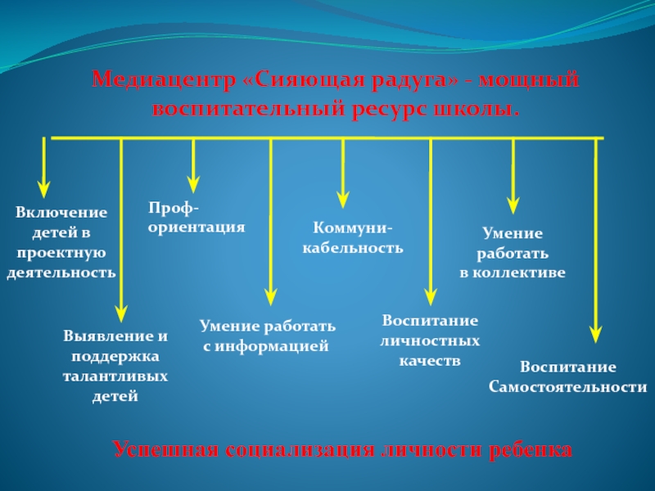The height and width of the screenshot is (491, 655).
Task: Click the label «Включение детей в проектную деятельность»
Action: coord(61,242)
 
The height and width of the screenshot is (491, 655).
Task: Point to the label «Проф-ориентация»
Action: coord(196,217)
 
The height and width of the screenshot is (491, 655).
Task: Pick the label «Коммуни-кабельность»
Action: coord(353,237)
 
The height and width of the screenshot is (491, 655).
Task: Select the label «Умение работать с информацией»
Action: coord(268,336)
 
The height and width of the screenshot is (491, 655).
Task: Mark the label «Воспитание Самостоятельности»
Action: coord(568,376)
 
